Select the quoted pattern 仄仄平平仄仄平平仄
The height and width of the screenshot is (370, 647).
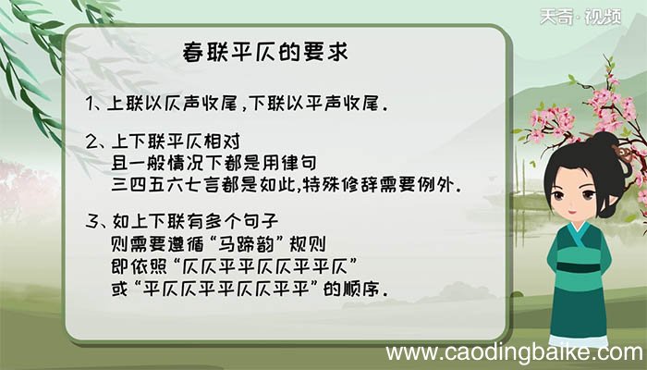point(245,266)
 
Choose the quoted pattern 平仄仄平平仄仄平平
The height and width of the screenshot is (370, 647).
point(244,289)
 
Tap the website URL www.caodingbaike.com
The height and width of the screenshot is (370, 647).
point(514,352)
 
